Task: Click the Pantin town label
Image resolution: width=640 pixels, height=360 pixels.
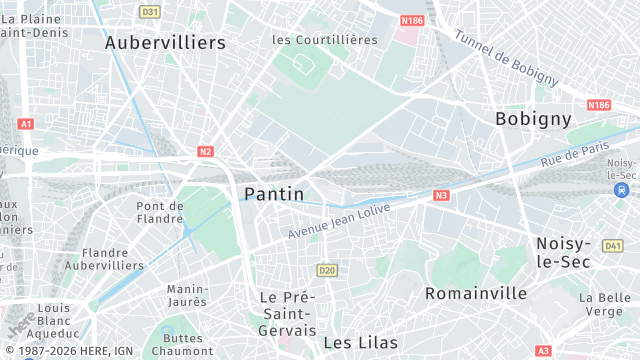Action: [274, 193]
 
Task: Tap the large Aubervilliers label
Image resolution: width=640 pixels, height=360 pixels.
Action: [165, 43]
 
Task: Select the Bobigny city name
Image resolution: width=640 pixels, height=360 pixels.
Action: [533, 118]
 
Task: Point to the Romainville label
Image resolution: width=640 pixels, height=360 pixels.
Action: [476, 293]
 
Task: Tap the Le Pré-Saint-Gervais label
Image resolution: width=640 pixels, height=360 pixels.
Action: [287, 313]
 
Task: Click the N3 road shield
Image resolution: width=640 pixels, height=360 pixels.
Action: [441, 196]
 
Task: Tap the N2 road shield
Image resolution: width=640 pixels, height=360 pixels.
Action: [205, 152]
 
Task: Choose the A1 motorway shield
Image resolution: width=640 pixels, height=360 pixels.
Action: [26, 124]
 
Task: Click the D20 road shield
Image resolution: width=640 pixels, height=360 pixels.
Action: [326, 270]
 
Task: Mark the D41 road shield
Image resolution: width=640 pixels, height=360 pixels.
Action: [613, 246]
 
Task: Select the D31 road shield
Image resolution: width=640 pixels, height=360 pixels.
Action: [150, 12]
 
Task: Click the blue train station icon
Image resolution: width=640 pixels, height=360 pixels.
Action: [622, 189]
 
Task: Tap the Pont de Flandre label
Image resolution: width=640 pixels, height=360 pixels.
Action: [160, 212]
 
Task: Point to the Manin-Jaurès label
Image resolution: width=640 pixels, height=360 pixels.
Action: [187, 295]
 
